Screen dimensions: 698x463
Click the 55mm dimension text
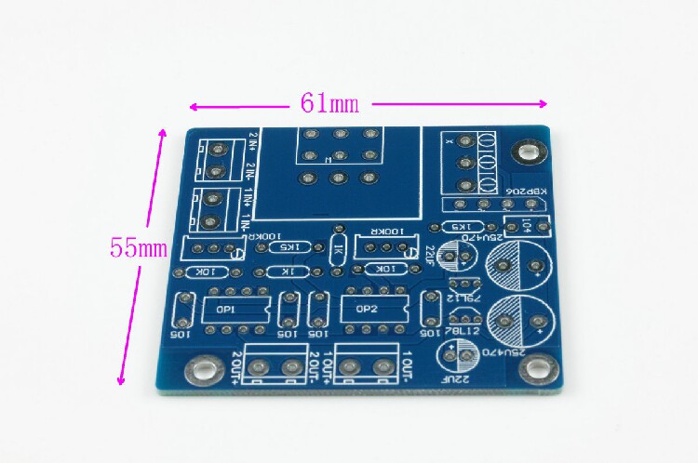pyautogui.click(x=138, y=248)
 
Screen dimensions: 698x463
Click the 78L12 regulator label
pyautogui.click(x=463, y=331)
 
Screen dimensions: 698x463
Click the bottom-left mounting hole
pyautogui.click(x=197, y=368)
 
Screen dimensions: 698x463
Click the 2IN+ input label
pyautogui.click(x=251, y=146)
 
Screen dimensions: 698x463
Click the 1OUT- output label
pyautogui.click(x=407, y=365)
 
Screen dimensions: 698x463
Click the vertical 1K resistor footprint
pyautogui.click(x=338, y=249)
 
